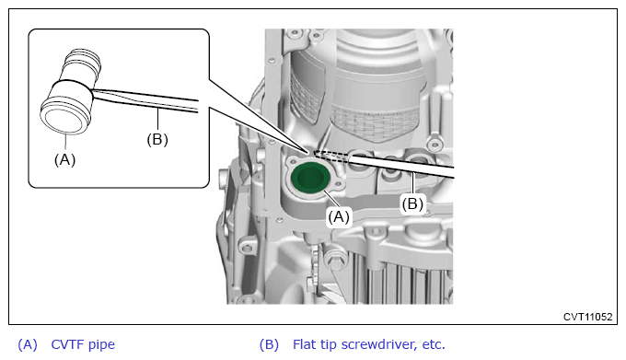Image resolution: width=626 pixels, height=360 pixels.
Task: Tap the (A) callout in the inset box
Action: pos(64,159)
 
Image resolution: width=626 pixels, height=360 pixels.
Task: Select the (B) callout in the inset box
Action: pos(157,139)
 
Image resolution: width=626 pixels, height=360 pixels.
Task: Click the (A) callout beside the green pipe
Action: pos(339,216)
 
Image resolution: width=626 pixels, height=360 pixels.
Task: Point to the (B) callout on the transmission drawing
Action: pos(412,204)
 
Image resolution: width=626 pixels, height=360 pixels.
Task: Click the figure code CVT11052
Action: pos(587,317)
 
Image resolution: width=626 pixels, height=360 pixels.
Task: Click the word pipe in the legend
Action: pos(101,345)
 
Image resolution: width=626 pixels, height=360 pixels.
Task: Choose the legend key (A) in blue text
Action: pos(28,344)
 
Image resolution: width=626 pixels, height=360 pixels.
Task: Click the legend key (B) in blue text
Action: pos(269,344)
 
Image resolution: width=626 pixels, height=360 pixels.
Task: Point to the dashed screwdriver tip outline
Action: pos(331,157)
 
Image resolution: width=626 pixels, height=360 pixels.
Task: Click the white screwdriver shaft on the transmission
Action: pos(401,165)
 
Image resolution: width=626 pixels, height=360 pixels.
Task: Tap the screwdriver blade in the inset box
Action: pos(145,100)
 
